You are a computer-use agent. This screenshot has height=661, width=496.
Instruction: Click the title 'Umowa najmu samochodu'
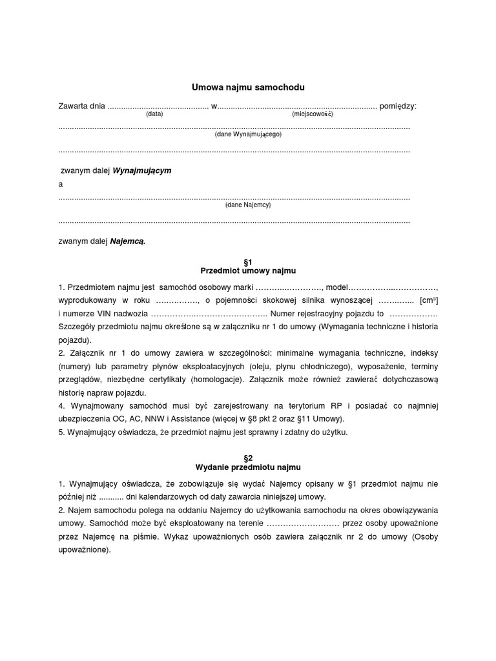248,86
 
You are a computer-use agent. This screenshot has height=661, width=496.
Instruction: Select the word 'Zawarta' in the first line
72,105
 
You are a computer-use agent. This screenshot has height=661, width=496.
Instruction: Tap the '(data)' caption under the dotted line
154,114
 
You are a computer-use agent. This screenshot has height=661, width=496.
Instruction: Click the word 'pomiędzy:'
398,105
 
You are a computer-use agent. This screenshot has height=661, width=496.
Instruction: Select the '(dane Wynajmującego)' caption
248,135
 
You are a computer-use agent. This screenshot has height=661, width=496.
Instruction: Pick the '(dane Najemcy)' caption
248,205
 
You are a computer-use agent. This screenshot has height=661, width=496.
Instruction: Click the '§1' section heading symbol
248,261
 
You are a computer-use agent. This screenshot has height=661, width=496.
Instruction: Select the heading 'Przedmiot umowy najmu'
248,270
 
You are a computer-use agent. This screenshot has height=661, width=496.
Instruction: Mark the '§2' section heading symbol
248,457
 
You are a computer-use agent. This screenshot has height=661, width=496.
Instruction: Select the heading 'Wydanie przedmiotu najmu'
248,467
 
